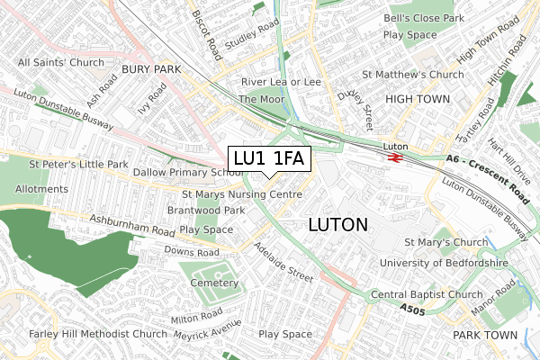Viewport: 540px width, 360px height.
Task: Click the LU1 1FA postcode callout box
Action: pyautogui.click(x=270, y=159)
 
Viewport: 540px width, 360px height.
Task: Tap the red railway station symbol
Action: pyautogui.click(x=394, y=157)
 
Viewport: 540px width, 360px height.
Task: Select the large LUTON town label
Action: pyautogui.click(x=337, y=224)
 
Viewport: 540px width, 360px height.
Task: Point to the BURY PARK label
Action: pyautogui.click(x=151, y=68)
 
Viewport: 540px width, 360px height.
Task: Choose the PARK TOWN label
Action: pyautogui.click(x=485, y=335)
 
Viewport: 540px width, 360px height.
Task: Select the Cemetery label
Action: pyautogui.click(x=214, y=283)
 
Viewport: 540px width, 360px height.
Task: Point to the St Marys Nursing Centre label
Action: pyautogui.click(x=241, y=193)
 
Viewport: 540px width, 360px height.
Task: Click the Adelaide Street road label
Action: pyautogui.click(x=283, y=262)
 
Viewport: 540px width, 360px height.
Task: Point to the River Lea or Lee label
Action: pyautogui.click(x=281, y=82)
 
